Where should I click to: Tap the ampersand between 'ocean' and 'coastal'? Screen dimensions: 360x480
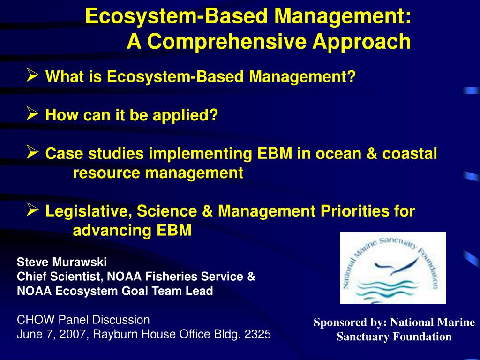367,153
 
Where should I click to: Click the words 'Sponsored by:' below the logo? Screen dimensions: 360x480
350,322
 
